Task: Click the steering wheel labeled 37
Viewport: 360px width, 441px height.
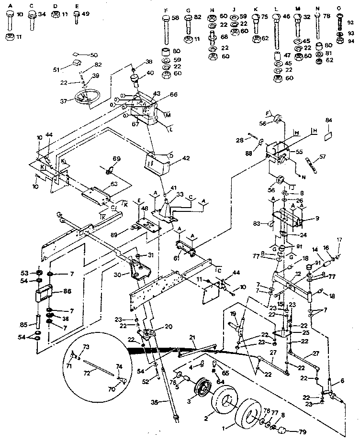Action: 86,99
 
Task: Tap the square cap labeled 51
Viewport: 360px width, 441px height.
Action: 76,64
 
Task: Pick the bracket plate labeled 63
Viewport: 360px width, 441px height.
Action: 98,193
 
